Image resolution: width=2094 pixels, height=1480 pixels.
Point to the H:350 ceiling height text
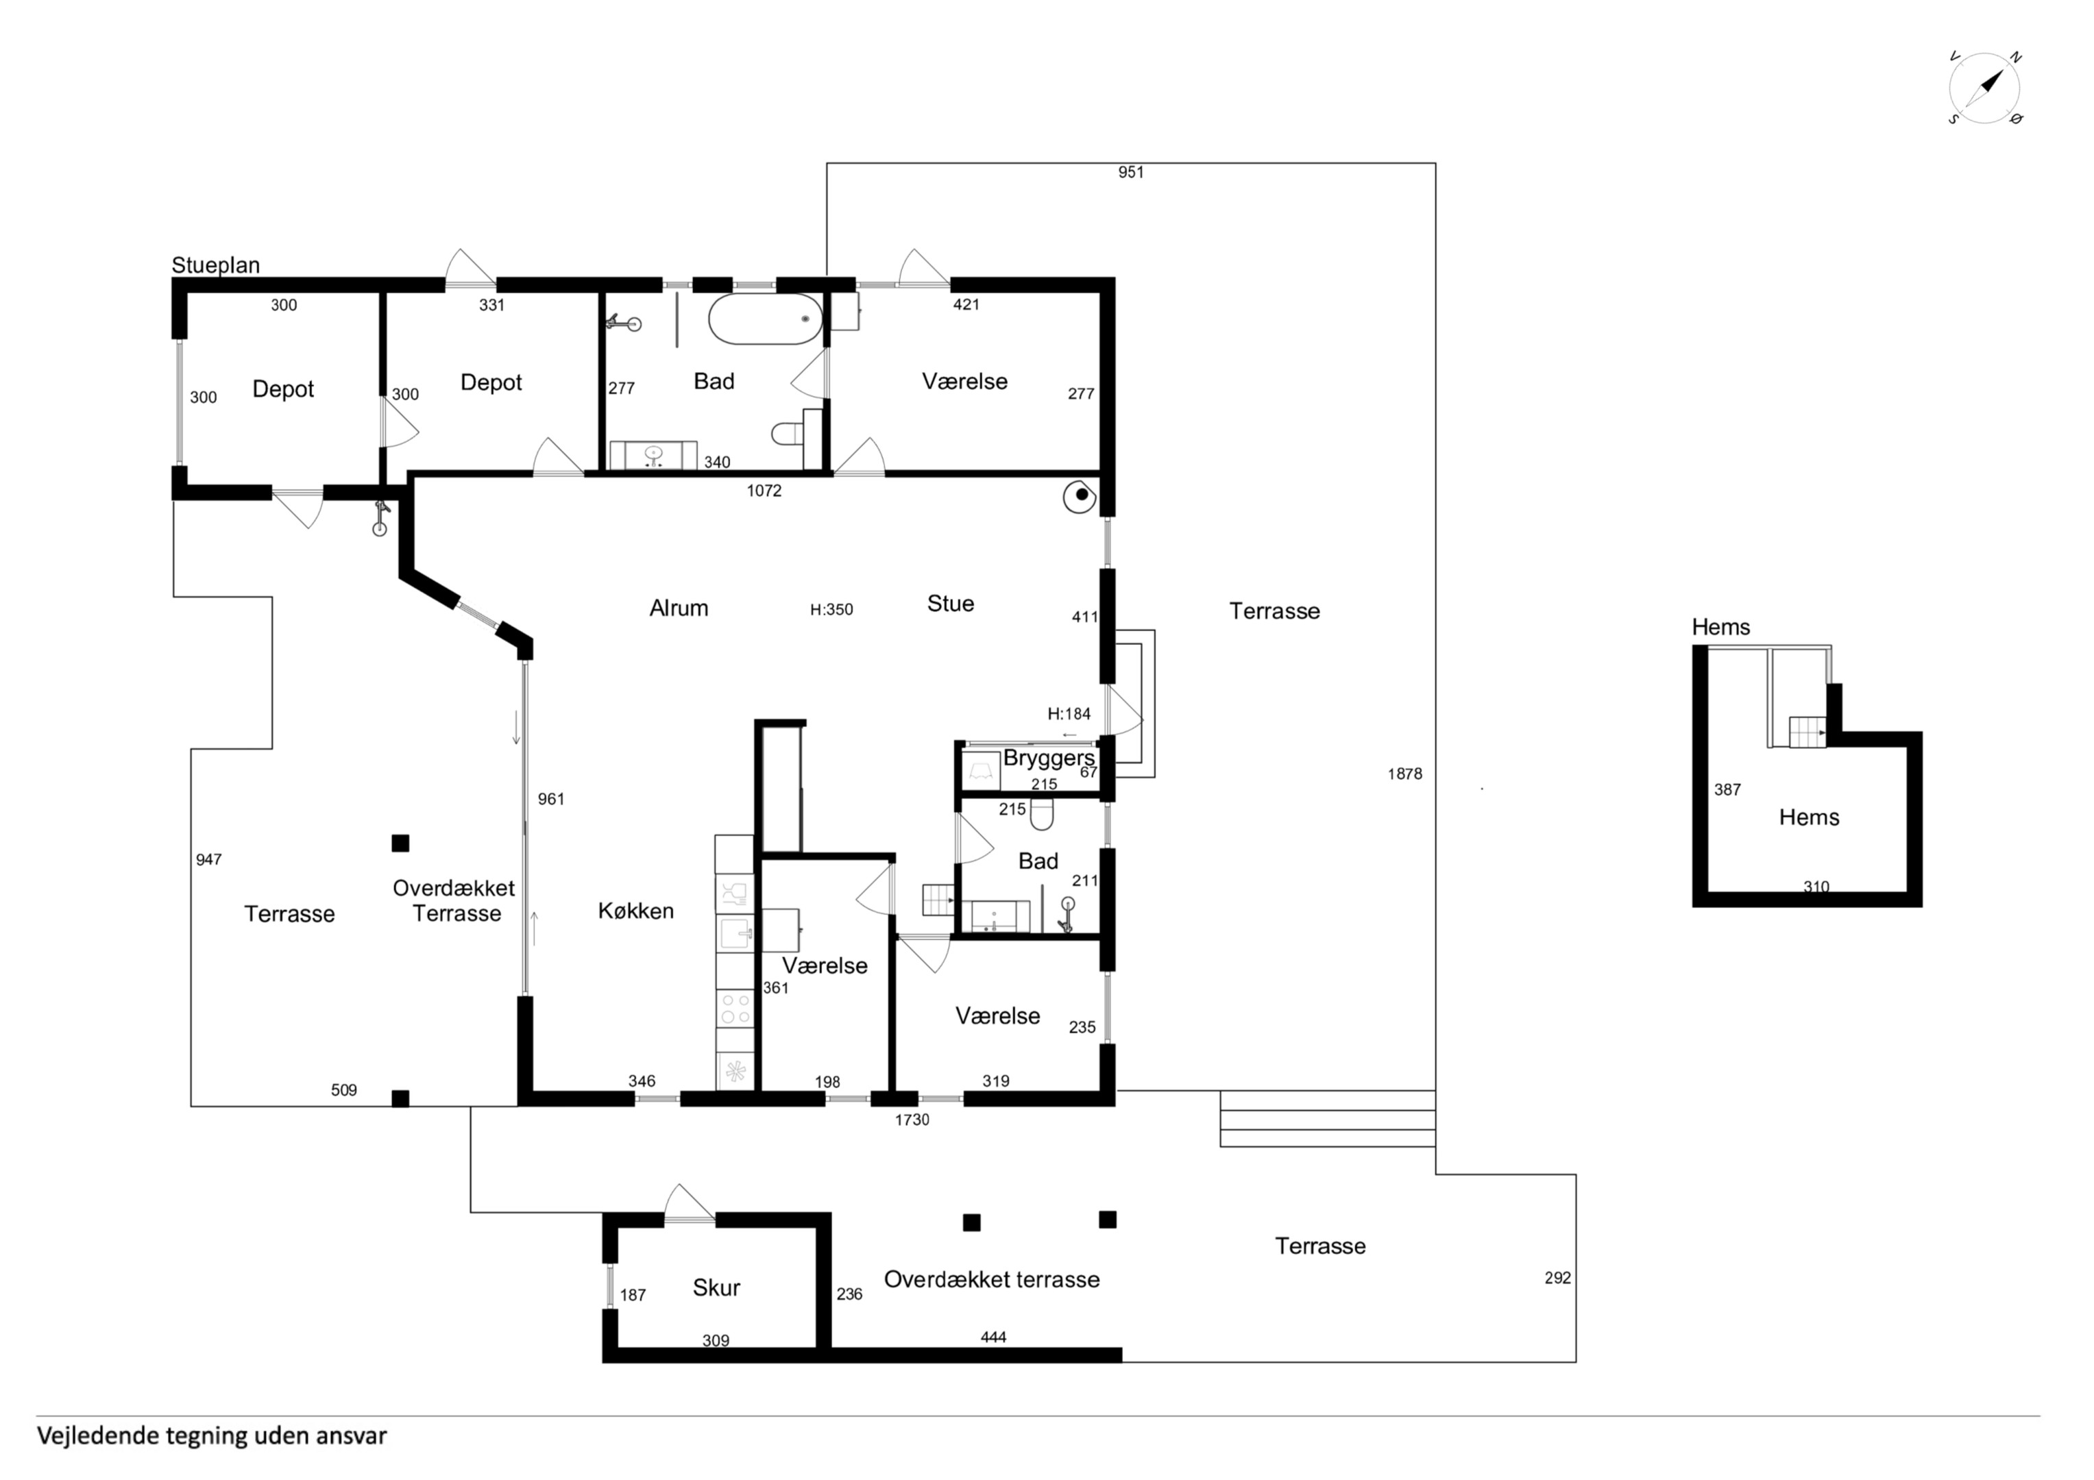tap(831, 609)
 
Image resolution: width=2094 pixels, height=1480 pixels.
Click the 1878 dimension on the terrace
tap(1404, 774)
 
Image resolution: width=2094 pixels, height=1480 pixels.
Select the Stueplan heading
tap(215, 265)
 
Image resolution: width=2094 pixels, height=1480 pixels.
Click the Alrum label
tap(679, 608)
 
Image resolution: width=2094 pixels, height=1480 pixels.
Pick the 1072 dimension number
tap(764, 491)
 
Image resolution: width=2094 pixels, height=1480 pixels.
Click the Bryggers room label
tap(1049, 758)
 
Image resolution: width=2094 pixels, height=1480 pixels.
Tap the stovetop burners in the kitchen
tap(735, 1009)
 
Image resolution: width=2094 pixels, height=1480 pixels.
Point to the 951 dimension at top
tap(1131, 173)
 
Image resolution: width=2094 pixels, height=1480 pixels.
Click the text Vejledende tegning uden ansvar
tap(212, 1436)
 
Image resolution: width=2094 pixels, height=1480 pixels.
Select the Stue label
tap(950, 604)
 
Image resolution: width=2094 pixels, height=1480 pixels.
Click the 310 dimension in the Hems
tap(1816, 887)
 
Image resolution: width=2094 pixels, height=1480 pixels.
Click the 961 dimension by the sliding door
tap(551, 799)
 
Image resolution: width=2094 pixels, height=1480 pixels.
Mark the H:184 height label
tap(1069, 714)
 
